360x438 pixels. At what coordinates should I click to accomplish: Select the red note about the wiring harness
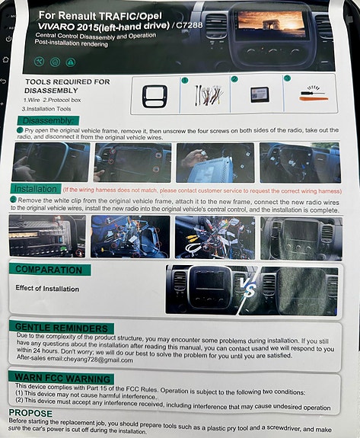coord(201,190)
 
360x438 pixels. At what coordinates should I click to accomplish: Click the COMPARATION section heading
coord(50,270)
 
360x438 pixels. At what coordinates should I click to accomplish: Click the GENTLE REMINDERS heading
coord(55,326)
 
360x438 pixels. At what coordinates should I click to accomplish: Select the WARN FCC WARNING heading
coord(62,378)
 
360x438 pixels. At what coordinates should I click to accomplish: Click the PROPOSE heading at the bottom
coord(30,412)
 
